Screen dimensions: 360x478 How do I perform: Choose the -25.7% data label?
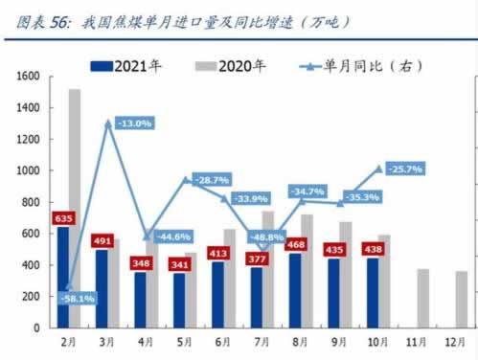tap(404, 169)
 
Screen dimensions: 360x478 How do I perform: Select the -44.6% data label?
tap(171, 236)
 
